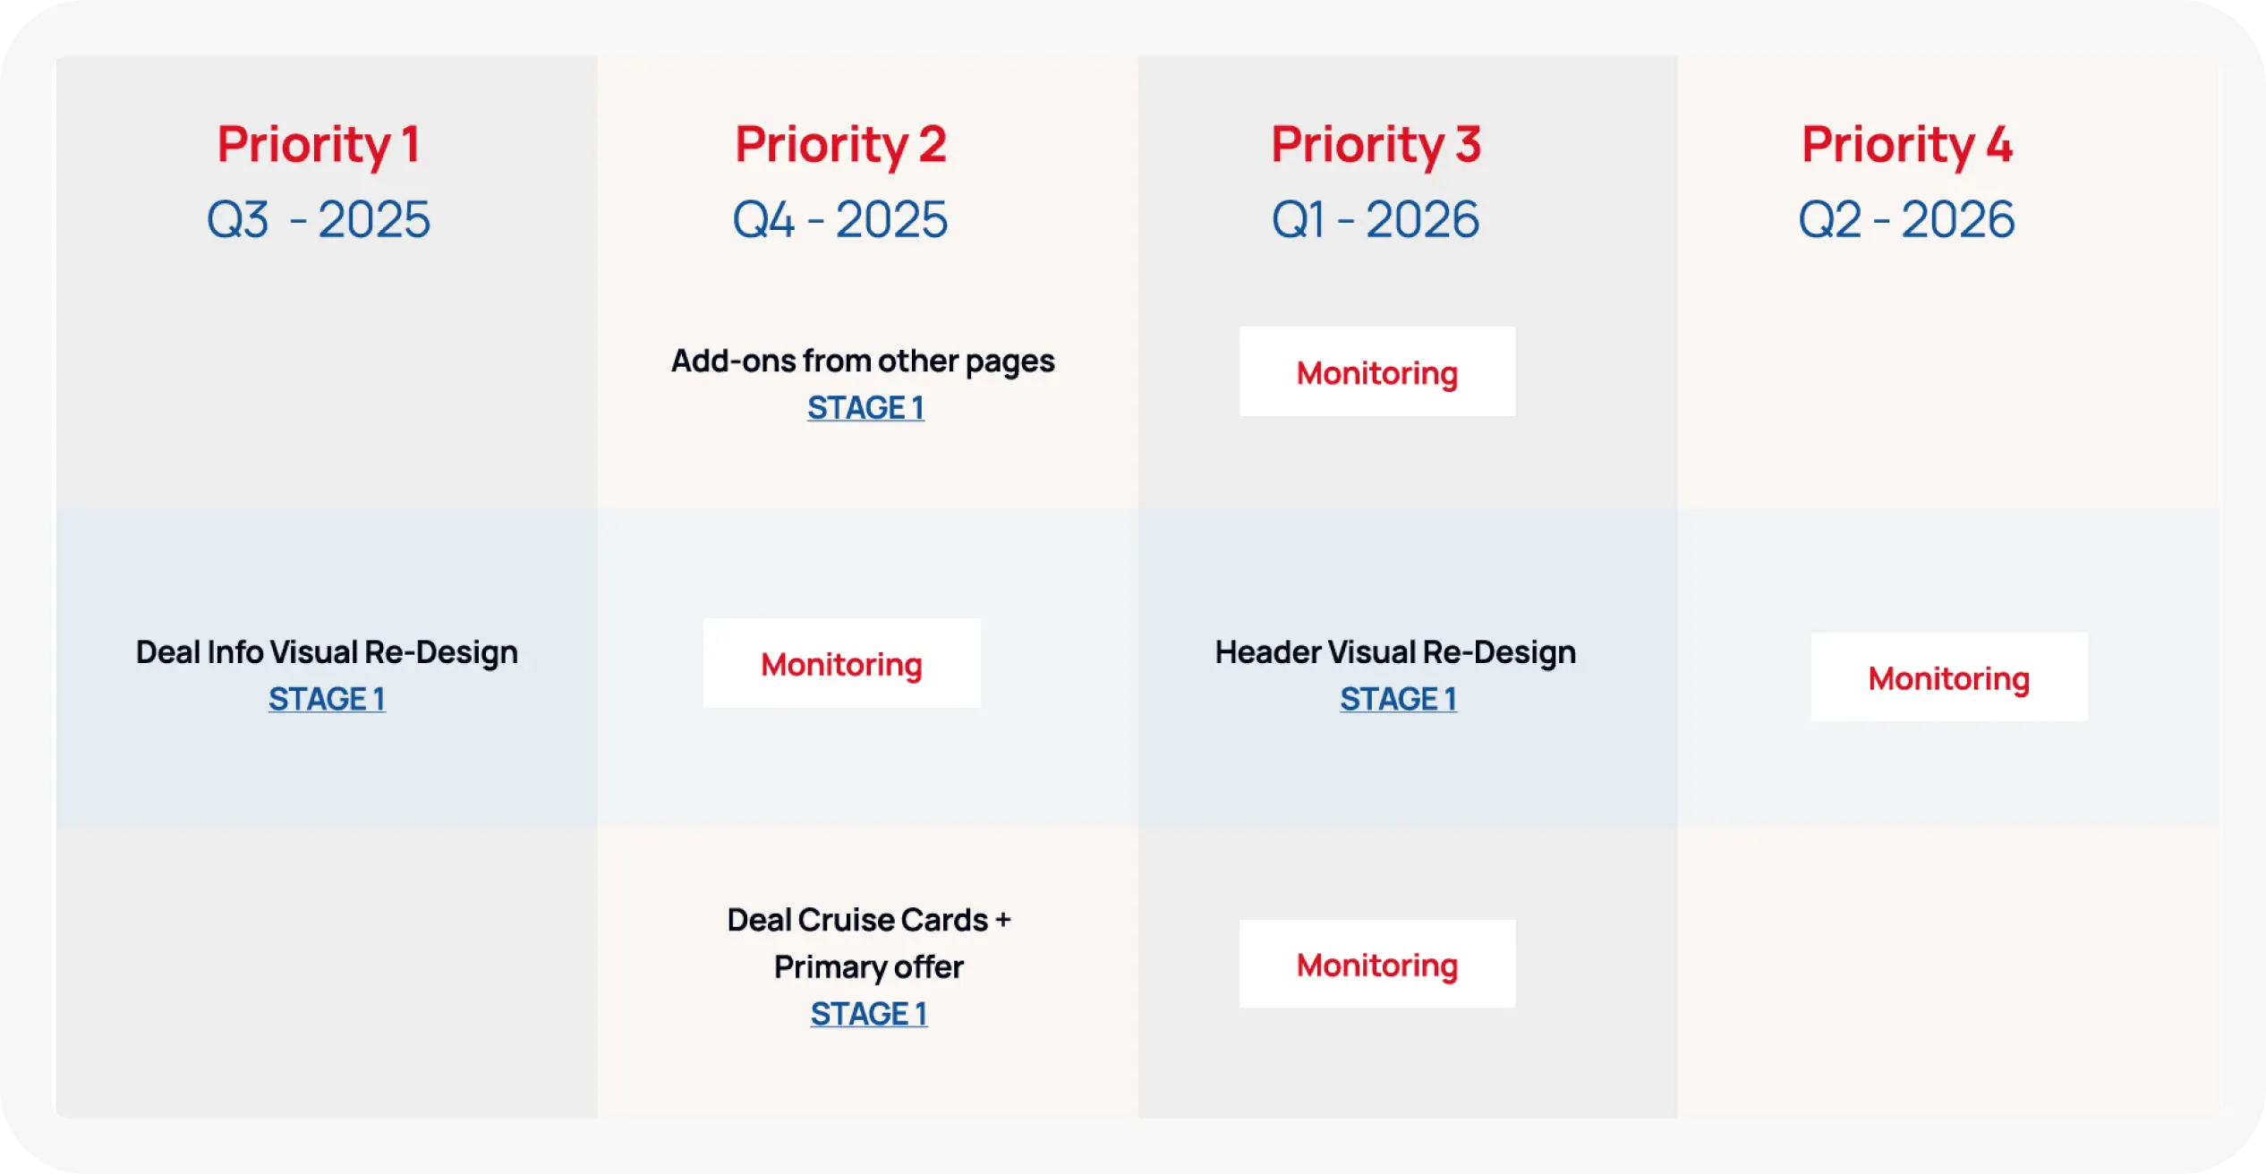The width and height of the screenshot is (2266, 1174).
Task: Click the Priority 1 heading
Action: (319, 145)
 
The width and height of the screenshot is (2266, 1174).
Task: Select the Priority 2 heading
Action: (840, 145)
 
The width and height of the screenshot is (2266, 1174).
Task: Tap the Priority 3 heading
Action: (1376, 145)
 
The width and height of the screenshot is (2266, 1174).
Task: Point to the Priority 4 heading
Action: (1907, 145)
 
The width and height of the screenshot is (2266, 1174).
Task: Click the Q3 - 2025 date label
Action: (319, 220)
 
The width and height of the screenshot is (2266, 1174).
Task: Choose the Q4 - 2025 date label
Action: (840, 220)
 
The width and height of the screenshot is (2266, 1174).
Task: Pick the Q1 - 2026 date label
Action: (1376, 220)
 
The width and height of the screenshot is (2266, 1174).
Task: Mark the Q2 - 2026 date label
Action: (1907, 220)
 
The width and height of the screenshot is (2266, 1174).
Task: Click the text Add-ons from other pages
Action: (863, 362)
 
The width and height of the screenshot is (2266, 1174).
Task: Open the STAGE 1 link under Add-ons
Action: (865, 408)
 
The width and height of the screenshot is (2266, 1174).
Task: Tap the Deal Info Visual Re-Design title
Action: (327, 652)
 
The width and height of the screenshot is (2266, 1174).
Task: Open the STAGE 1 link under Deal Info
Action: (327, 699)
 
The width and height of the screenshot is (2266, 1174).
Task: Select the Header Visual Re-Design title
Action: (1395, 652)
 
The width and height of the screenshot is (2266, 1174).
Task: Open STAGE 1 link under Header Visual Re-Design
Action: (1398, 699)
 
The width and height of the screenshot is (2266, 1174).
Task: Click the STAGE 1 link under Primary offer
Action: (869, 1014)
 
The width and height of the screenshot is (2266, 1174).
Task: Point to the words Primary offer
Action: (868, 967)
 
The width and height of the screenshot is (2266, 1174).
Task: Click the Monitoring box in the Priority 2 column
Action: (841, 663)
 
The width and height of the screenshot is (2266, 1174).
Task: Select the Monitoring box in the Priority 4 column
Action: (1949, 677)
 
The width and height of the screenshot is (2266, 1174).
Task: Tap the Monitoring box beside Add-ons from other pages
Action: (1377, 371)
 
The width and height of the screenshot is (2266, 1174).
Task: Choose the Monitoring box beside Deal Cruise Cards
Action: (1377, 964)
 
